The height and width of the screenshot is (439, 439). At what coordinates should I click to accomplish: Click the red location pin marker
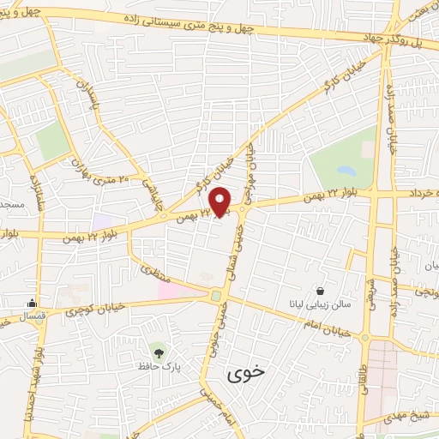[221, 201]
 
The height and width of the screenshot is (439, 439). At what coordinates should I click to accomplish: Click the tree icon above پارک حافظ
[157, 351]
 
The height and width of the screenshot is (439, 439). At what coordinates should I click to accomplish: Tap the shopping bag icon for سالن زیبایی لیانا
[320, 292]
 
